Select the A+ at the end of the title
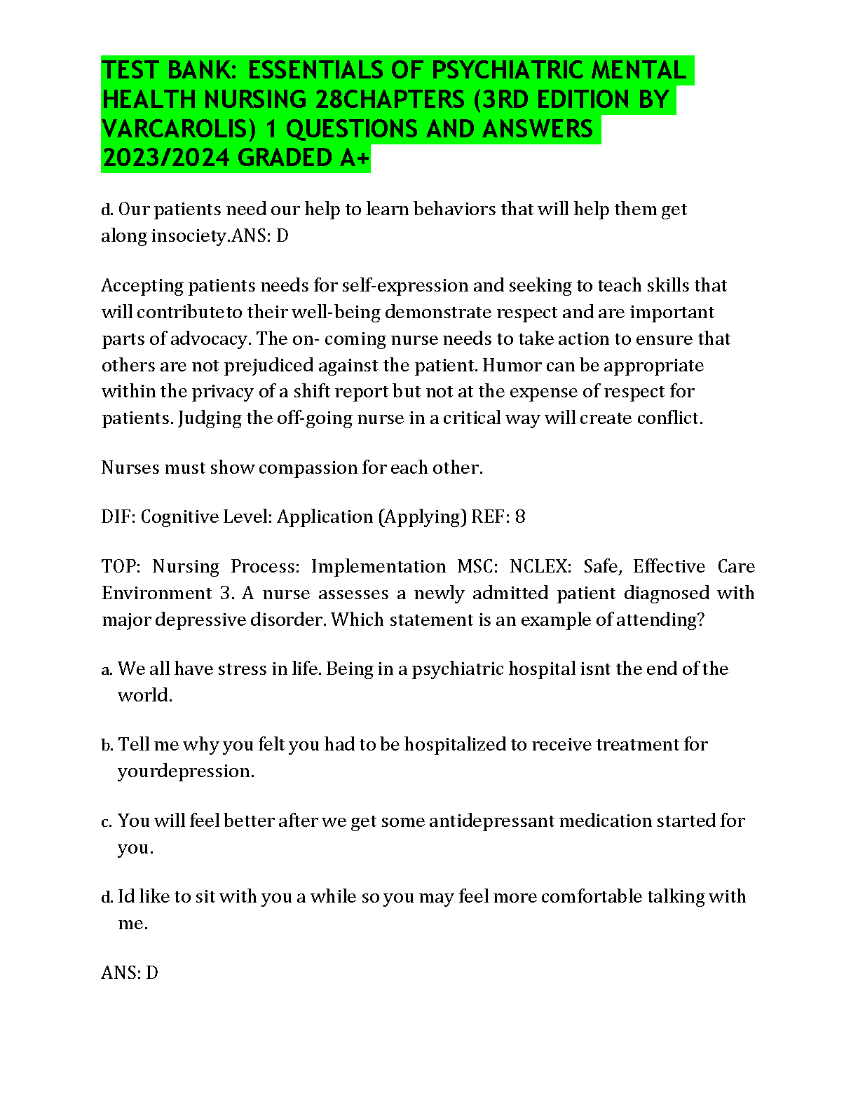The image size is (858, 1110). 355,158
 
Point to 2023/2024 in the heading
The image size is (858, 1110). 165,158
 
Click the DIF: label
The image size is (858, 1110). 118,516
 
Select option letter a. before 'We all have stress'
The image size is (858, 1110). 107,670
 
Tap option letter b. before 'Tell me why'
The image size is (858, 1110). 107,745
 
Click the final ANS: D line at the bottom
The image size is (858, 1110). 130,973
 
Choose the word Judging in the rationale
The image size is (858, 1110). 210,418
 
